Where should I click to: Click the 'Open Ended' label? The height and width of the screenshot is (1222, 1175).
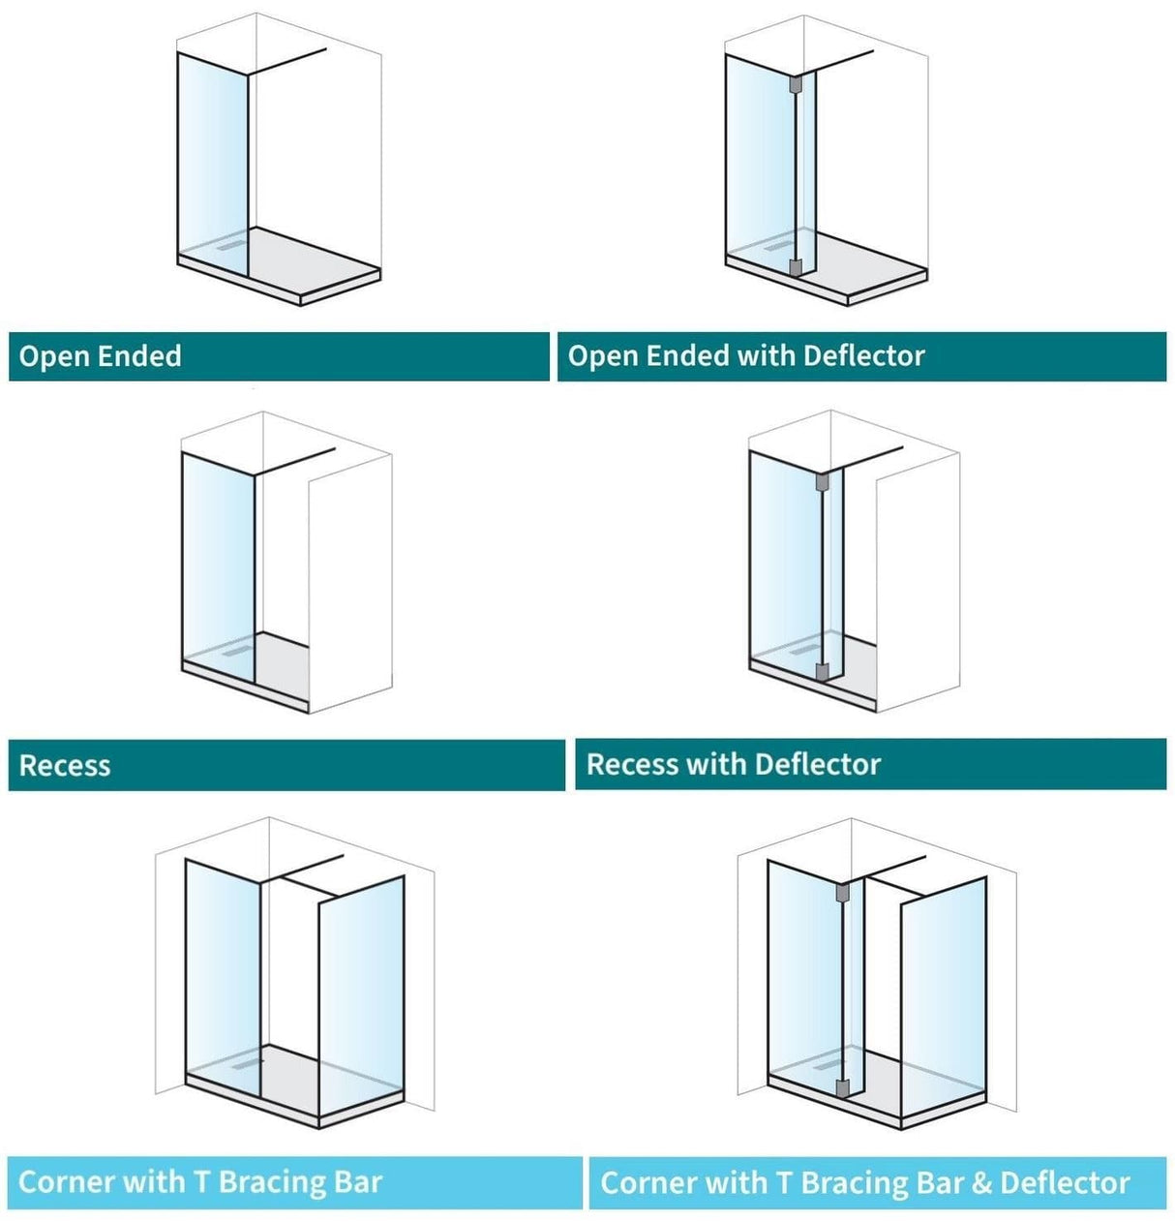[x=101, y=356]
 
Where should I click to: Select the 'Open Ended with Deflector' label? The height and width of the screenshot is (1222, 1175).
[x=746, y=356]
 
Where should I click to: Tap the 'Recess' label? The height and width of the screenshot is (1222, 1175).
[x=65, y=766]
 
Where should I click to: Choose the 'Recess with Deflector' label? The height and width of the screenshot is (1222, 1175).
[x=734, y=765]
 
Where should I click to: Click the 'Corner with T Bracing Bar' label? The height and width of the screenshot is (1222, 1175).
[x=200, y=1182]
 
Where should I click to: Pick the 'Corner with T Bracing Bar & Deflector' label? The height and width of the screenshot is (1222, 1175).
[x=864, y=1183]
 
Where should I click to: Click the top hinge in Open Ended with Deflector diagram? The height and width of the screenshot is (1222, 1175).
[x=796, y=85]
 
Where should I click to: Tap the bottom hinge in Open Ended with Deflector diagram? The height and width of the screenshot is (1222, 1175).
[x=796, y=267]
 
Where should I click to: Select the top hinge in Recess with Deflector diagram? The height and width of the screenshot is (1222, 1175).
[x=823, y=481]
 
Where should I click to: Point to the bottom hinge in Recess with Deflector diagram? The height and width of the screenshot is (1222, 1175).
[x=823, y=671]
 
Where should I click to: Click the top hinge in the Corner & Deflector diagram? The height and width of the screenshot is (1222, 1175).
[x=842, y=892]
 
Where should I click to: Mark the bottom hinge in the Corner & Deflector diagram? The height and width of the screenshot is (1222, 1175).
[x=842, y=1087]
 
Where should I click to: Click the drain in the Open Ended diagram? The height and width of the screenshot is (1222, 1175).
[x=232, y=245]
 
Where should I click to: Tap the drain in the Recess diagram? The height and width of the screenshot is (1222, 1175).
[x=235, y=652]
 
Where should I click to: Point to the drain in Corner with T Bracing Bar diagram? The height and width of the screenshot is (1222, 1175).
[x=248, y=1063]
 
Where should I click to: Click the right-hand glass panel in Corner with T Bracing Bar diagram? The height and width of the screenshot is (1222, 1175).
[x=360, y=997]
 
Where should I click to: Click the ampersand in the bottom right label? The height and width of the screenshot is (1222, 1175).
[x=981, y=1183]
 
